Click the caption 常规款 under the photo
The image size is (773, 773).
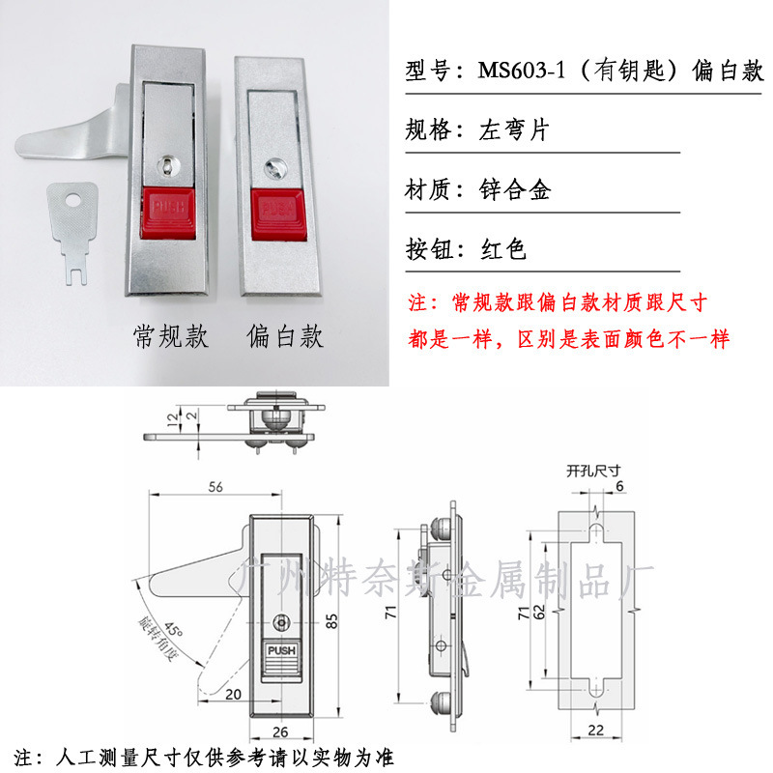[x=170, y=336]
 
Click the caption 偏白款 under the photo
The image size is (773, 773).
[x=285, y=336]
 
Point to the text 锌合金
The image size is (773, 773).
[x=515, y=190]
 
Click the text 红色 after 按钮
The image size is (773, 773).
[x=503, y=250]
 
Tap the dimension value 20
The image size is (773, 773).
[x=232, y=695]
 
